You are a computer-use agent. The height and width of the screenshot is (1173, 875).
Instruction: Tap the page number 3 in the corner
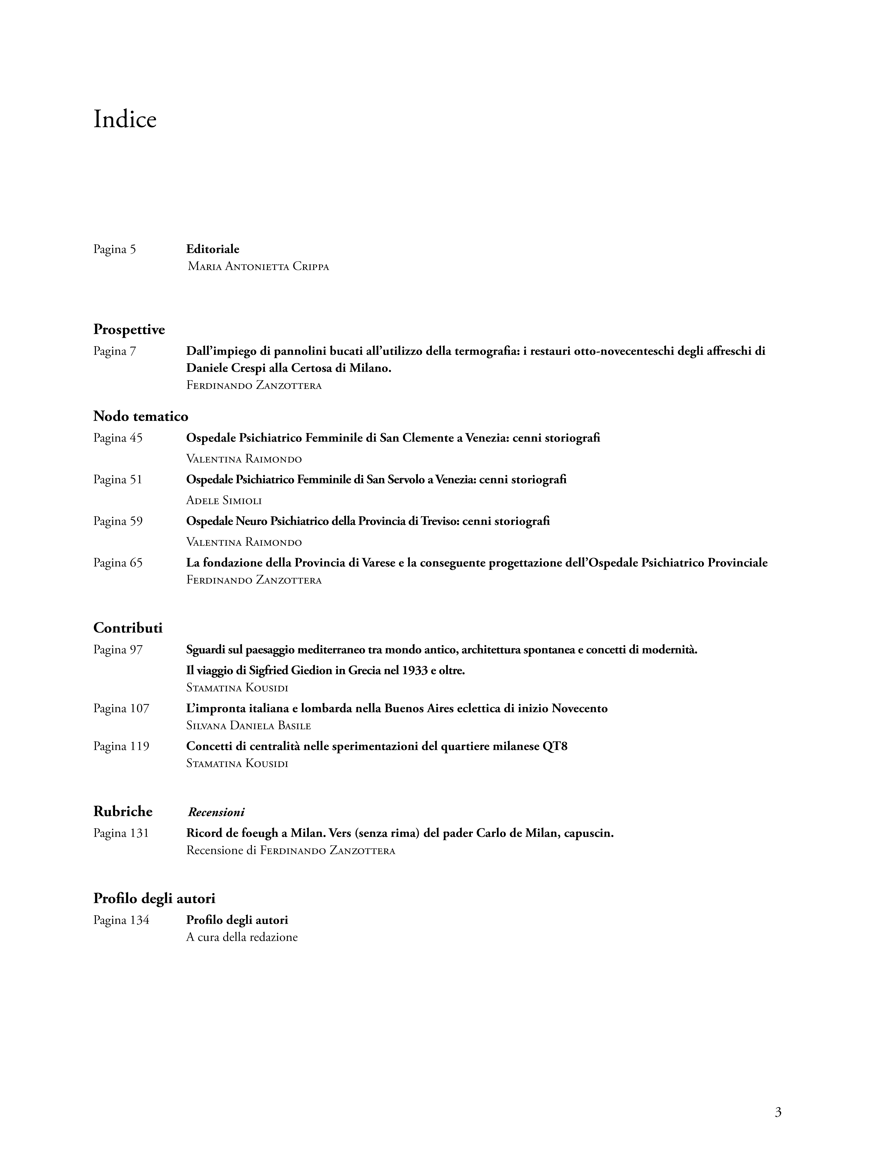coord(778,1112)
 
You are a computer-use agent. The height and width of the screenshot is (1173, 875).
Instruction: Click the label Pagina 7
coord(114,351)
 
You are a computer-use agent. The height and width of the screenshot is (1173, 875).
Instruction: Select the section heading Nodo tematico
coord(140,416)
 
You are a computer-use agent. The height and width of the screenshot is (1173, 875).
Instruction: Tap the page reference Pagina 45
coord(118,438)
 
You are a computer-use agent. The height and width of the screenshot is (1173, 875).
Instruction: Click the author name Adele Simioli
coord(224,501)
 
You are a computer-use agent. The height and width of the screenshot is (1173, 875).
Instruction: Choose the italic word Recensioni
coord(216,812)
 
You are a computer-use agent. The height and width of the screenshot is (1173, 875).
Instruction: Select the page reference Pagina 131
coord(121,833)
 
